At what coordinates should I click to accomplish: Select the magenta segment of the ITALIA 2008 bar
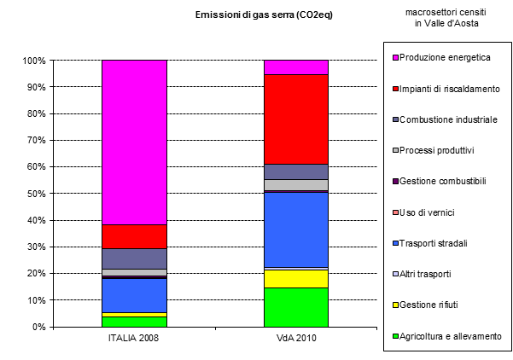[x=134, y=142]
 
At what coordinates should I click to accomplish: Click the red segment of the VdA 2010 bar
[x=295, y=119]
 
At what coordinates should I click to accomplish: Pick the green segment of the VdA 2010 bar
[x=295, y=307]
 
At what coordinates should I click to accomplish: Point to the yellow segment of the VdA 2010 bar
[x=295, y=279]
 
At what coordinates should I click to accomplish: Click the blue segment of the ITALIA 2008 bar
[x=134, y=295]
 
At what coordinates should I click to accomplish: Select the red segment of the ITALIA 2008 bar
[x=134, y=236]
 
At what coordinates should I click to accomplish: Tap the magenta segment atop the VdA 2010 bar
[x=295, y=67]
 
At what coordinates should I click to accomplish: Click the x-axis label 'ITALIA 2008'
[x=134, y=339]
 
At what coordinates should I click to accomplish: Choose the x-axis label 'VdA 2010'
[x=295, y=339]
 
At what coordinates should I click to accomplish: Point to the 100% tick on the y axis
[x=33, y=61]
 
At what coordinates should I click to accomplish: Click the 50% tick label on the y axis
[x=35, y=194]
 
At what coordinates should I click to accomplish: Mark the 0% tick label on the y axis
[x=38, y=327]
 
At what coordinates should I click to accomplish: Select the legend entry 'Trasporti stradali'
[x=442, y=243]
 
